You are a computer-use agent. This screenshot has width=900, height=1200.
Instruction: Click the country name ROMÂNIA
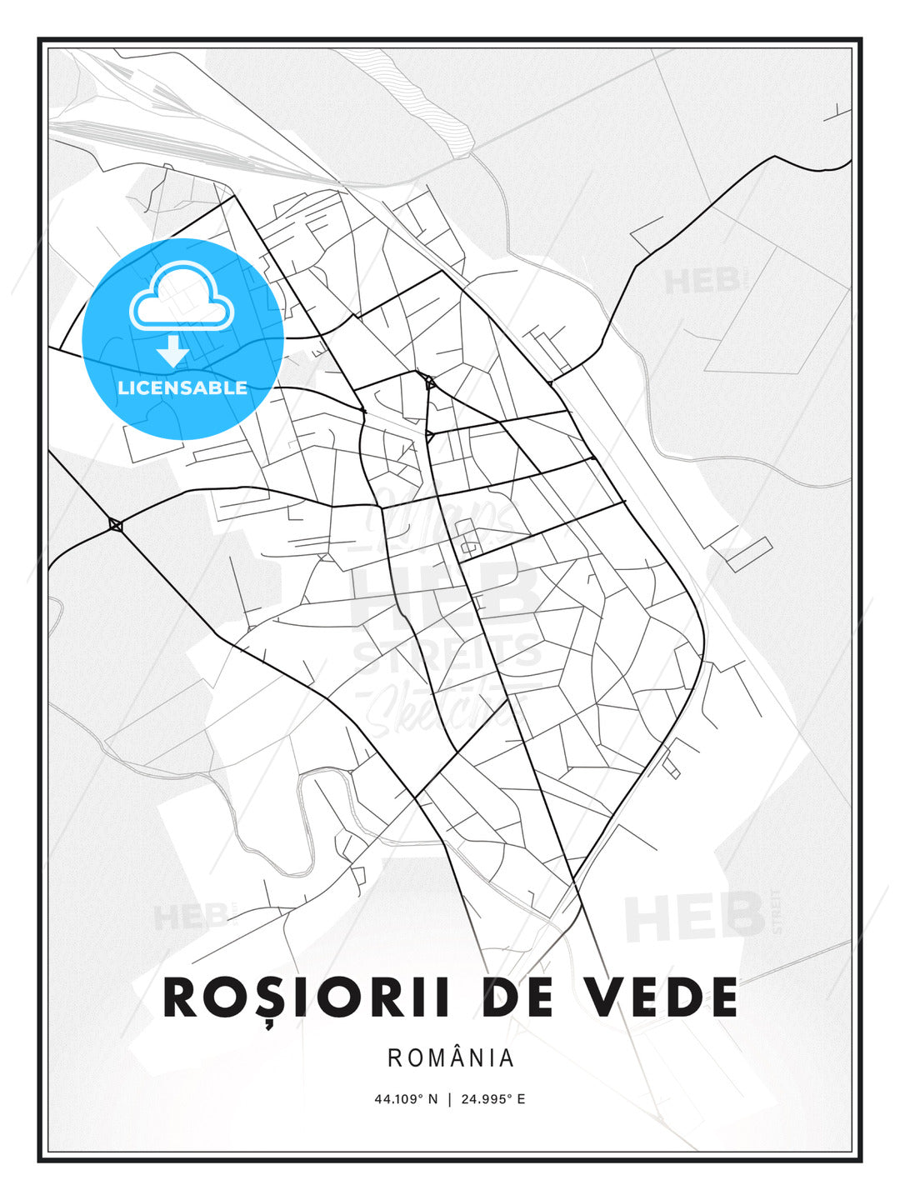451,1058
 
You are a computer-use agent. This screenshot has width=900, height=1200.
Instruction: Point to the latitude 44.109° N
406,1099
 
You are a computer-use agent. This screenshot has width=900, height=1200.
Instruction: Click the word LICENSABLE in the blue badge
182,387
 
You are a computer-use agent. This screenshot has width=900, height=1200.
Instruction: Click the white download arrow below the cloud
172,352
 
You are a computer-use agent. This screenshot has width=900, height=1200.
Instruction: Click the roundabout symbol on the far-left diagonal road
116,524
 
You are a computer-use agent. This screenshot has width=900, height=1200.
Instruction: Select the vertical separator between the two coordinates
450,1099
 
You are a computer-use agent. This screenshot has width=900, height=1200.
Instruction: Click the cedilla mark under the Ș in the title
270,1024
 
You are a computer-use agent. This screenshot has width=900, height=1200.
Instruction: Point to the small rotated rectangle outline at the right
748,555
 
